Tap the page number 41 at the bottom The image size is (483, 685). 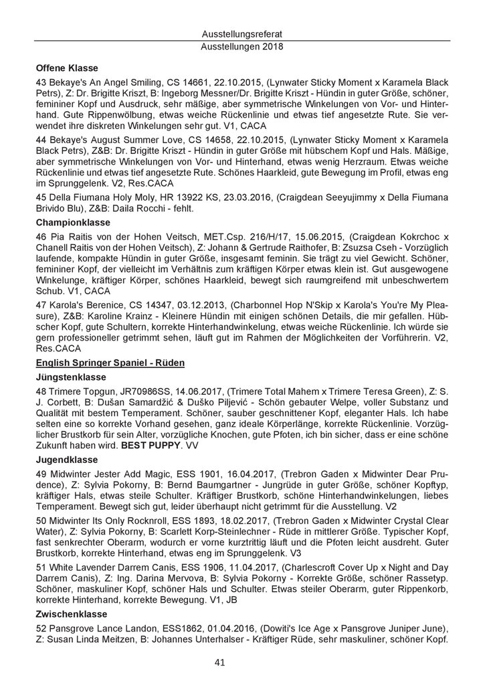241,662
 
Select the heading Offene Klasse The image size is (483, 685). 67,68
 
